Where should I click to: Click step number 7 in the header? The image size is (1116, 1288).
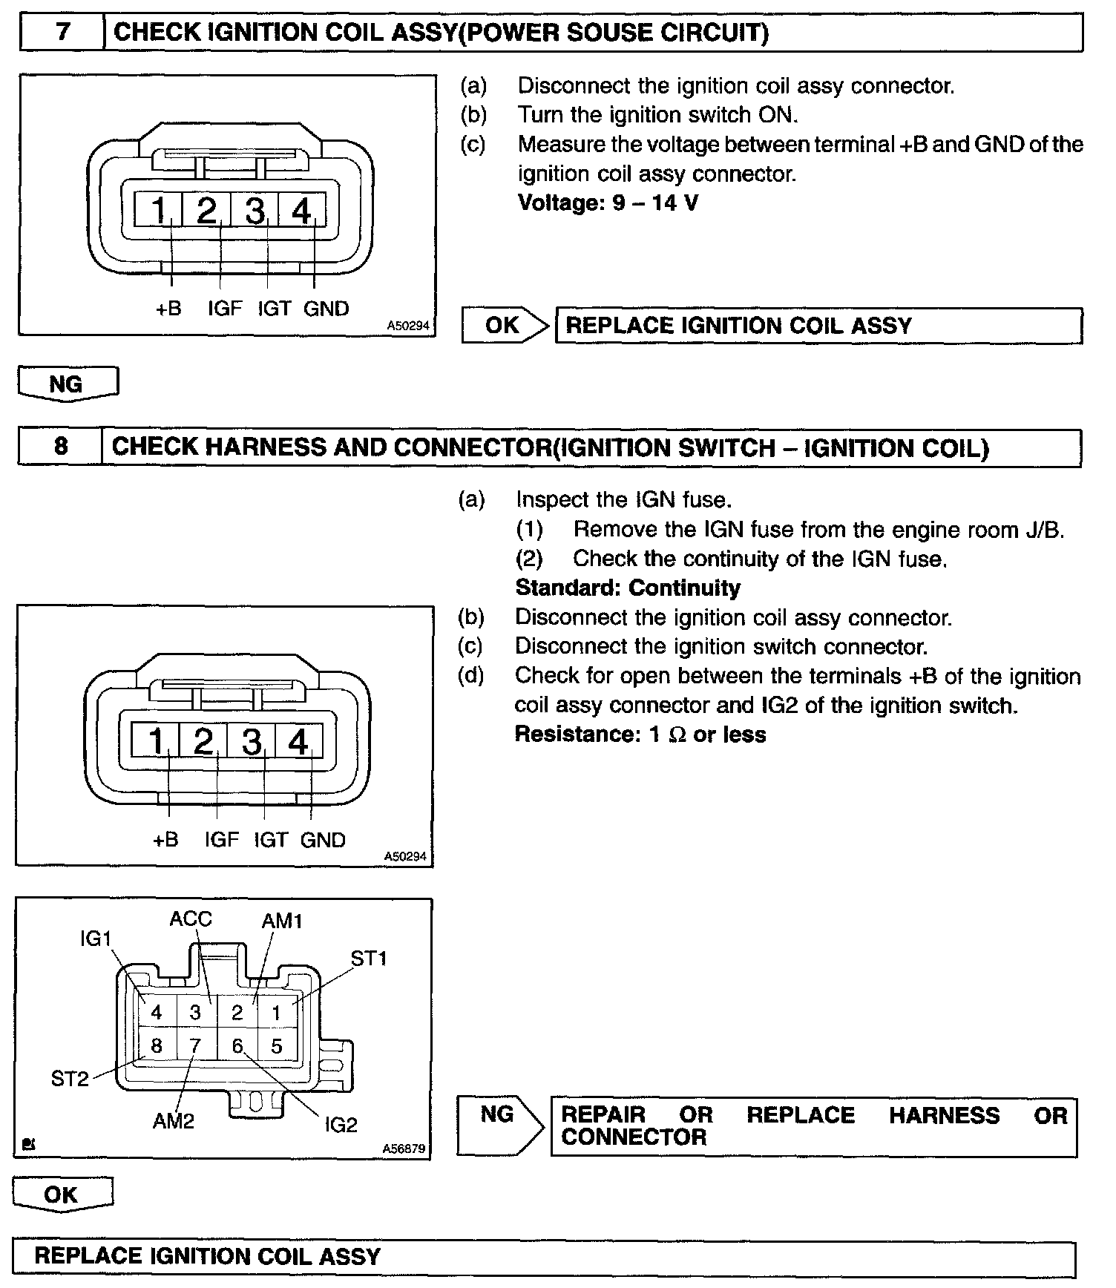(62, 33)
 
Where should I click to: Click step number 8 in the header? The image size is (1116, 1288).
(61, 446)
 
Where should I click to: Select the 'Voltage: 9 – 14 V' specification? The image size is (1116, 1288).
(608, 203)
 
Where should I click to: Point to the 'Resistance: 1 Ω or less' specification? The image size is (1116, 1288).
(640, 735)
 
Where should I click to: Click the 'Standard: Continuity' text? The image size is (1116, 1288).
(628, 588)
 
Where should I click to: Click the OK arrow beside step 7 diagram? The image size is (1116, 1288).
(504, 325)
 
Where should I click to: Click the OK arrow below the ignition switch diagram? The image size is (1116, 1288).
(62, 1194)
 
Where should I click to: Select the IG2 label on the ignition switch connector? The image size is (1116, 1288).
(341, 1126)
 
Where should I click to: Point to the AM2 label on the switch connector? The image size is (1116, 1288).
(174, 1120)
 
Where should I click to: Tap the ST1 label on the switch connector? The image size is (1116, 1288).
(369, 959)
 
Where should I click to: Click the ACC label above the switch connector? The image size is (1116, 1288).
(191, 919)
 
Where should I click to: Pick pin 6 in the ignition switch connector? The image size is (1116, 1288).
(237, 1045)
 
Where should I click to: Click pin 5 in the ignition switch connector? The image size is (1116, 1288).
(277, 1046)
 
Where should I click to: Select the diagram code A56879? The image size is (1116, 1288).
(404, 1149)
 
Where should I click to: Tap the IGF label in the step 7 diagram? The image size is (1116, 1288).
(224, 308)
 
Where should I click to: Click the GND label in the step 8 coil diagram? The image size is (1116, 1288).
(323, 840)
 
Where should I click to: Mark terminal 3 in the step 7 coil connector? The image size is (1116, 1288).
(255, 211)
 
